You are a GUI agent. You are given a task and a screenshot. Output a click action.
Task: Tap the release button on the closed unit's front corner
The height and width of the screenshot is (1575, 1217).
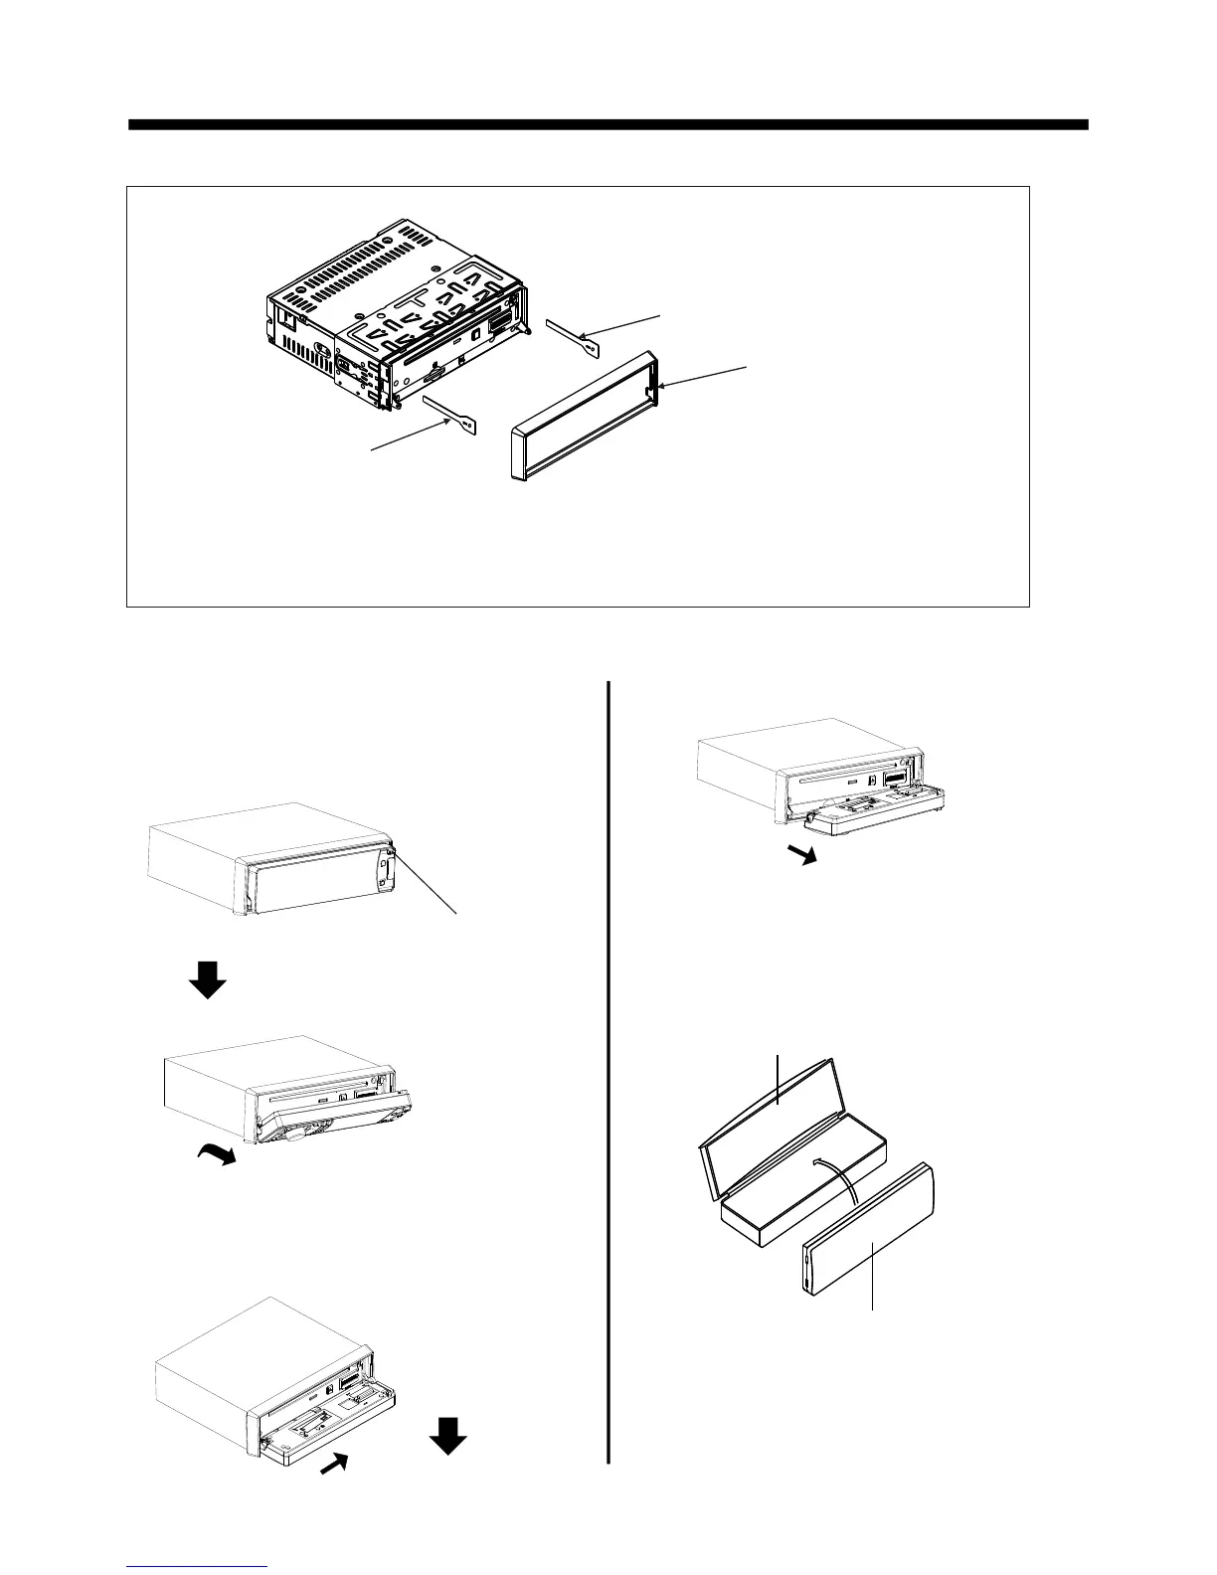click(395, 849)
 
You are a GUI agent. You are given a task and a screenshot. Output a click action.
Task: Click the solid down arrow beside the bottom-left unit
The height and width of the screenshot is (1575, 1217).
click(448, 1435)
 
